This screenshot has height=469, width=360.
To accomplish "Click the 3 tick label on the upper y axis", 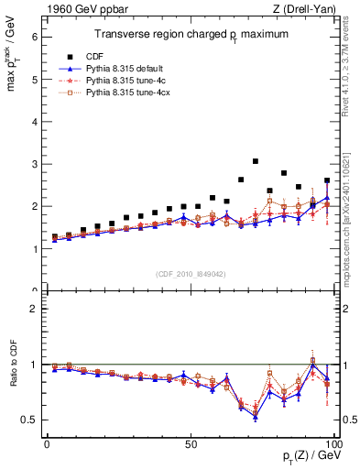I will click(x=34, y=164).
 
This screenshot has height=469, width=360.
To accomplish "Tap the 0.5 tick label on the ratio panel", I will click(x=30, y=420).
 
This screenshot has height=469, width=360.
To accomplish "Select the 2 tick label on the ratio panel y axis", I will click(x=34, y=309).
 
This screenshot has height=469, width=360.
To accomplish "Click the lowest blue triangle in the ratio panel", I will click(x=256, y=417).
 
